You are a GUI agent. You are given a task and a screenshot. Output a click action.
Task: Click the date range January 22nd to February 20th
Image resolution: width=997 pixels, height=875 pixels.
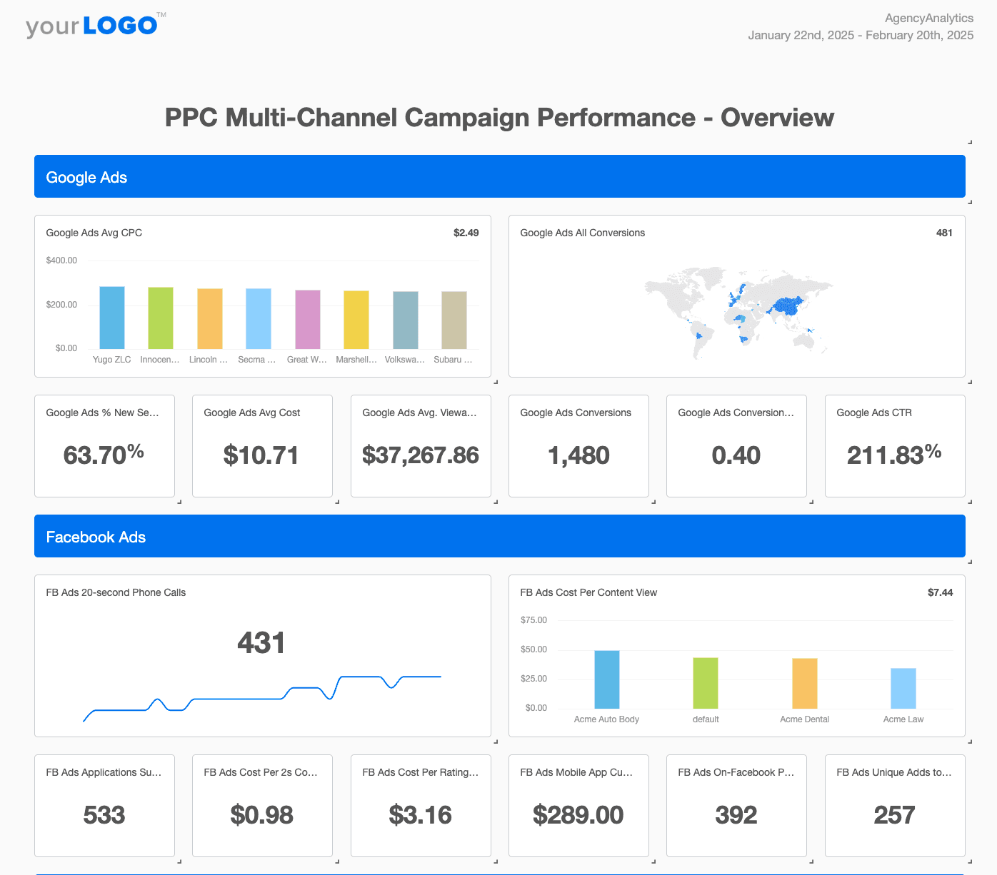pos(860,36)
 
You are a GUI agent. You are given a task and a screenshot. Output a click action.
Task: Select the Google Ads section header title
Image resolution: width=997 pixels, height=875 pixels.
pos(86,178)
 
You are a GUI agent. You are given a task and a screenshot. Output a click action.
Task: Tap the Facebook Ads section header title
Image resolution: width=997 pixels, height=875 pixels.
pos(96,537)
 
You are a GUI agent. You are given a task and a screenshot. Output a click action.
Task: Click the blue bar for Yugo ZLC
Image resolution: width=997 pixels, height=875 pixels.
pos(112,318)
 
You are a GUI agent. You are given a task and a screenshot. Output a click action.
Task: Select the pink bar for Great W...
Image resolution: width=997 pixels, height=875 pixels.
pos(308,320)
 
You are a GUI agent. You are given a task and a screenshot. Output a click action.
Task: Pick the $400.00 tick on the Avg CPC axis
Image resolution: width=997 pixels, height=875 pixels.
pos(61,261)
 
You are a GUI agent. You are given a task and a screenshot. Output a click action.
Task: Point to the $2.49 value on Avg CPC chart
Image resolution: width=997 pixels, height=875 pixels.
pos(466,233)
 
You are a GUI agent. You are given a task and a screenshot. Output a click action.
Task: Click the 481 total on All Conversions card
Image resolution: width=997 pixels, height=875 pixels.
pos(943,233)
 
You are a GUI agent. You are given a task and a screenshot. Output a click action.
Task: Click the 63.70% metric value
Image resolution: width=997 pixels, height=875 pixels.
pos(104,455)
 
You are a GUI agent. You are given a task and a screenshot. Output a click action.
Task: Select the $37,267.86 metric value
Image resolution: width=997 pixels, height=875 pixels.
pos(420,455)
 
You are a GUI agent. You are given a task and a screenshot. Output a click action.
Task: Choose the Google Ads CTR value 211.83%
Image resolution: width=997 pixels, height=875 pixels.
pos(893,455)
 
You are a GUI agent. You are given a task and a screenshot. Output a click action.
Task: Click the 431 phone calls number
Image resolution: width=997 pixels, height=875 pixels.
pos(261,643)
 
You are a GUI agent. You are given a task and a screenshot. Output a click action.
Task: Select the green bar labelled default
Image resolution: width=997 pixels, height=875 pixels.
pos(706,683)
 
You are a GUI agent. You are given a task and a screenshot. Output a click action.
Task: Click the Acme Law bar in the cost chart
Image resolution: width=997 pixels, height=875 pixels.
pos(903,688)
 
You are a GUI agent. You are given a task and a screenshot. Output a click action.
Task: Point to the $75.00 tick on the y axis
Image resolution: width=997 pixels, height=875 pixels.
pos(533,620)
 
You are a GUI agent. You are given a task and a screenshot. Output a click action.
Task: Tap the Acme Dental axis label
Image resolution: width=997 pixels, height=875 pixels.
pos(804,719)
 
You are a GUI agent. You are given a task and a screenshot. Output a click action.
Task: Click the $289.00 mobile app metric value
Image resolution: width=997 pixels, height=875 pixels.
pos(578,815)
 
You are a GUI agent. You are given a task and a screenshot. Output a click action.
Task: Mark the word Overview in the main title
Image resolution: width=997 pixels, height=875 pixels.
pos(777,118)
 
